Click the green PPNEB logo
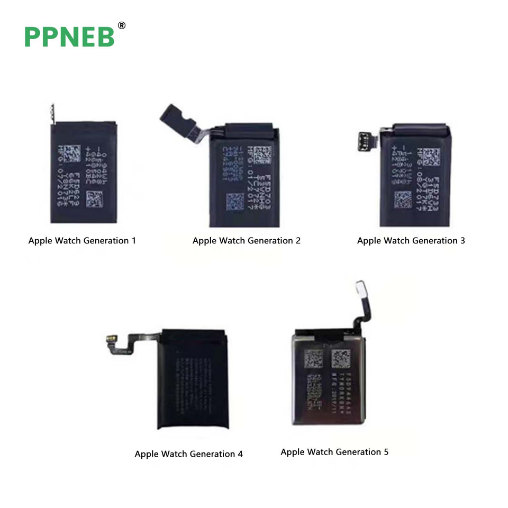[x=69, y=36]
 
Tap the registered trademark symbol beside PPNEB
[x=121, y=25]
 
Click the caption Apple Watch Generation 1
[x=82, y=241]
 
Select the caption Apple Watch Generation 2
[x=247, y=241]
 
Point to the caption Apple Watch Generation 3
[x=411, y=241]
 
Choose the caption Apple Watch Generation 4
[x=188, y=454]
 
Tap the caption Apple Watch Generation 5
[x=334, y=452]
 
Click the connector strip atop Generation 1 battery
[x=52, y=112]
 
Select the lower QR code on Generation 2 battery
[x=235, y=202]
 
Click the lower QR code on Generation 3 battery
[x=403, y=199]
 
